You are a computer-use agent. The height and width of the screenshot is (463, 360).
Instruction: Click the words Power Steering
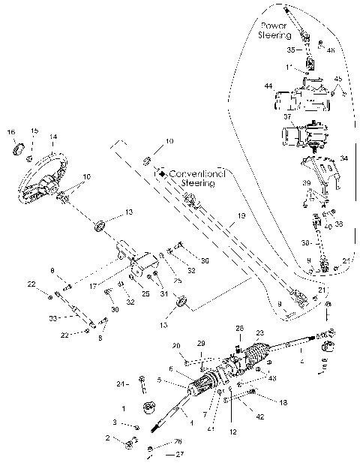274,29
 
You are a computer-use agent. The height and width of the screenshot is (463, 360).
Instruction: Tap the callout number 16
10,132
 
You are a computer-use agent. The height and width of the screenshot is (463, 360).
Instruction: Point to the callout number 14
52,137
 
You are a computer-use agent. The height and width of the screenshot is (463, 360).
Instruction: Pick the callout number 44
268,87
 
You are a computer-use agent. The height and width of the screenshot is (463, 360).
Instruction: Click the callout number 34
344,158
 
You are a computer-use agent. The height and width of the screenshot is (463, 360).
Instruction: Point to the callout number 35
290,50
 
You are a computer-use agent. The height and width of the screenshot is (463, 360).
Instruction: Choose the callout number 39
306,183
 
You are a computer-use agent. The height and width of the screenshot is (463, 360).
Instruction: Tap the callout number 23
260,332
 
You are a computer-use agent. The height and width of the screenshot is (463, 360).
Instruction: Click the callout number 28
240,328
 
